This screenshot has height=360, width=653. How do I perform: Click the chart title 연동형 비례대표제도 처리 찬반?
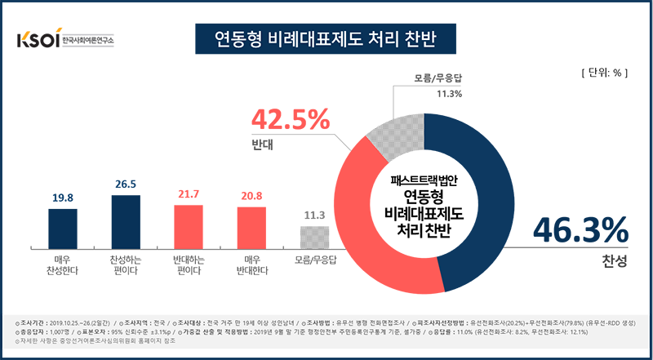tap(326, 38)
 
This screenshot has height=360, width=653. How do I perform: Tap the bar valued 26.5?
tap(126, 221)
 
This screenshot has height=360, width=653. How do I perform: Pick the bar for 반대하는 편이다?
tap(188, 226)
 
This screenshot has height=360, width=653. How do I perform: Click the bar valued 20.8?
tap(251, 227)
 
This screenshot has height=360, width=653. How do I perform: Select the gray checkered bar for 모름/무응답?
tap(314, 237)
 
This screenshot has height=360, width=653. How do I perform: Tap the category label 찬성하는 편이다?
tap(126, 264)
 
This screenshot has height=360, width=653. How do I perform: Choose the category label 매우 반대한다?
tap(251, 264)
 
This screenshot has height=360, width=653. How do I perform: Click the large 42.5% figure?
tap(291, 121)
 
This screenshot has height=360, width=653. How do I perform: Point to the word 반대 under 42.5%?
tap(263, 149)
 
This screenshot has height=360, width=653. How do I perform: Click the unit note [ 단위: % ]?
tap(602, 73)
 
